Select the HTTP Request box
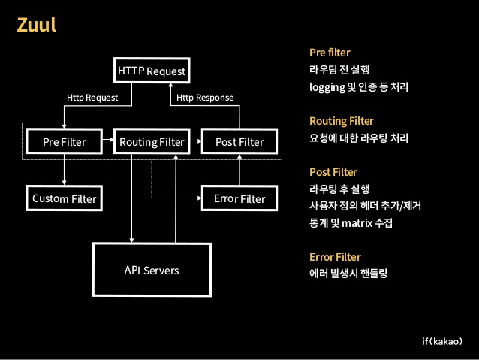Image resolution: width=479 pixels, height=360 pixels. pyautogui.click(x=151, y=71)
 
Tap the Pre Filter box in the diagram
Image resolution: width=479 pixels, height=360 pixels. pyautogui.click(x=64, y=141)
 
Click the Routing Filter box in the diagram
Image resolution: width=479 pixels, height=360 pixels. pyautogui.click(x=151, y=141)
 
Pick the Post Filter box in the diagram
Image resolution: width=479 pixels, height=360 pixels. pyautogui.click(x=239, y=141)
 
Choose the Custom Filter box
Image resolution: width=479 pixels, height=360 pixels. pyautogui.click(x=64, y=199)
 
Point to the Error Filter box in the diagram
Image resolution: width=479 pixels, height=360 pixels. pyautogui.click(x=239, y=199)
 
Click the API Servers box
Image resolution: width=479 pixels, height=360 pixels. pyautogui.click(x=151, y=270)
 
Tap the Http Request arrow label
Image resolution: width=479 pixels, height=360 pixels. pyautogui.click(x=92, y=98)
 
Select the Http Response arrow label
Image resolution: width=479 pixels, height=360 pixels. pyautogui.click(x=204, y=98)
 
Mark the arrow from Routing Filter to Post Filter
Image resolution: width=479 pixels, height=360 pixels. pyautogui.click(x=194, y=141)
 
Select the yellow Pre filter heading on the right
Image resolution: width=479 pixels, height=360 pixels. pyautogui.click(x=330, y=53)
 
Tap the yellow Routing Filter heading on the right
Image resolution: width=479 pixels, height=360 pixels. pyautogui.click(x=341, y=120)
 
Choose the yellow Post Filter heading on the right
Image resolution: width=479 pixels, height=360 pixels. pyautogui.click(x=333, y=172)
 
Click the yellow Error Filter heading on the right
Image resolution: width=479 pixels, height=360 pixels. pyautogui.click(x=335, y=257)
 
